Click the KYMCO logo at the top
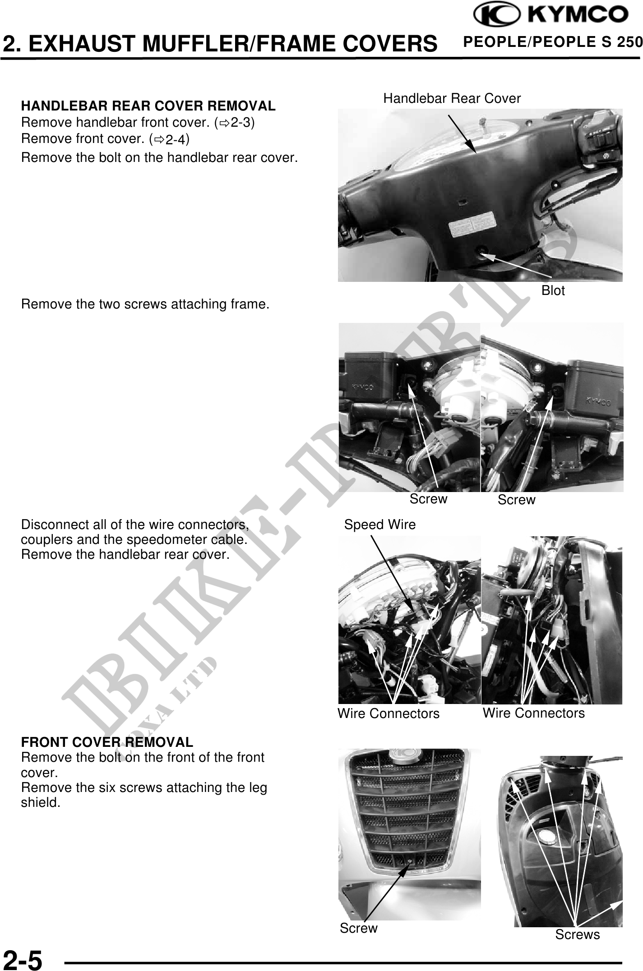[x=550, y=15]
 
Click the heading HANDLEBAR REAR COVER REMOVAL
[x=148, y=106]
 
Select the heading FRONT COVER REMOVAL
[x=107, y=742]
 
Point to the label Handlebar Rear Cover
[x=452, y=98]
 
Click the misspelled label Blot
[x=553, y=291]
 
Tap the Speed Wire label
[x=380, y=525]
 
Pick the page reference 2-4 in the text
[x=175, y=140]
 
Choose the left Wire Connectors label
[x=389, y=714]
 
